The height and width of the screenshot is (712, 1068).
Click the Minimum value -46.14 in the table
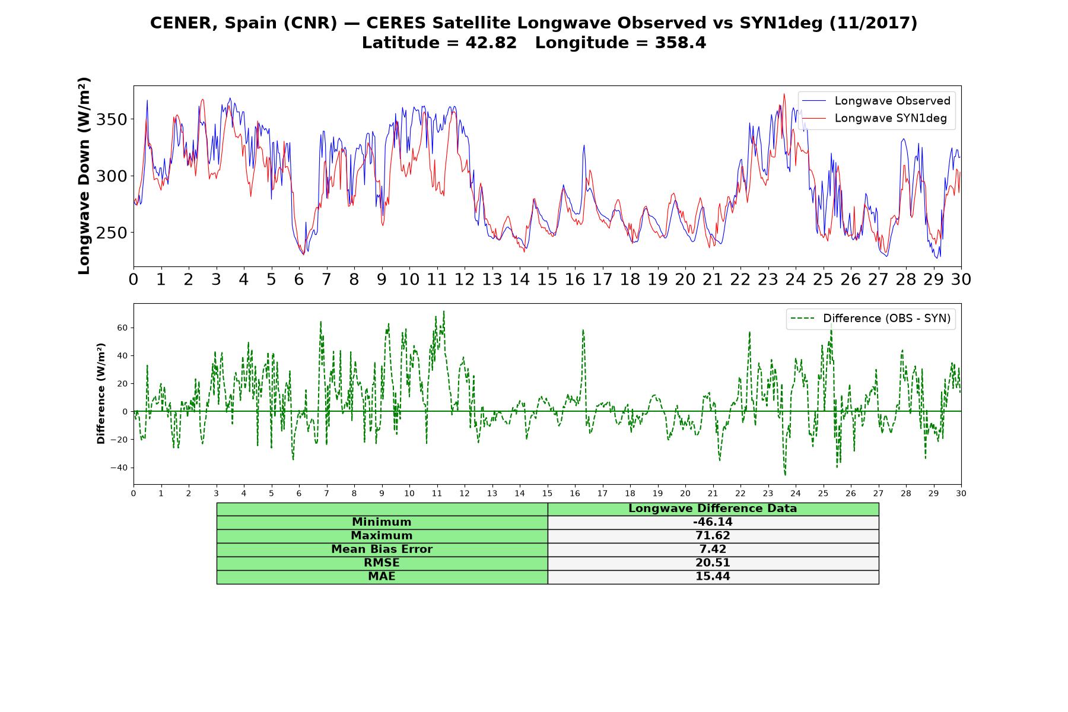click(x=713, y=522)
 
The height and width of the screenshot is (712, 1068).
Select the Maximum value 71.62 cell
click(x=713, y=536)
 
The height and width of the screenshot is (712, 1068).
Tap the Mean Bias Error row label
click(x=382, y=549)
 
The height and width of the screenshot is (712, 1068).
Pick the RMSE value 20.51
click(x=713, y=563)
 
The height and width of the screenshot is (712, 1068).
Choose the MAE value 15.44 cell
click(x=713, y=577)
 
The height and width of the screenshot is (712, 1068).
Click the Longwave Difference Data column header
click(x=713, y=508)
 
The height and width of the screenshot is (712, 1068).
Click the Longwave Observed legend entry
click(x=876, y=101)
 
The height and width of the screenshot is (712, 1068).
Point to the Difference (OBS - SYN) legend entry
click(x=870, y=319)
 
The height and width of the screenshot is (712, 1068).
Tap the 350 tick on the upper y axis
click(x=112, y=119)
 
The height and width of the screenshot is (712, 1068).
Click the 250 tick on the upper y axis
click(x=112, y=233)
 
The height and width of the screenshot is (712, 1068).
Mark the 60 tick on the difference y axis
click(x=123, y=328)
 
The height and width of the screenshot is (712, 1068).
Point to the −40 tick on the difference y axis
click(x=119, y=468)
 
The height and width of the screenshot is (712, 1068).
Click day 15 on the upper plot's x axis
click(x=547, y=279)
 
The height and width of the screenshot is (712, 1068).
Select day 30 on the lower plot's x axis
click(x=961, y=493)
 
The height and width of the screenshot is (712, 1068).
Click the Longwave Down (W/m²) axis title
click(x=84, y=176)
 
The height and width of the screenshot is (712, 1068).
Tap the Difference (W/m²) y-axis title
click(x=101, y=393)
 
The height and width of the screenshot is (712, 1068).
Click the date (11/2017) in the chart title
click(x=873, y=23)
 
